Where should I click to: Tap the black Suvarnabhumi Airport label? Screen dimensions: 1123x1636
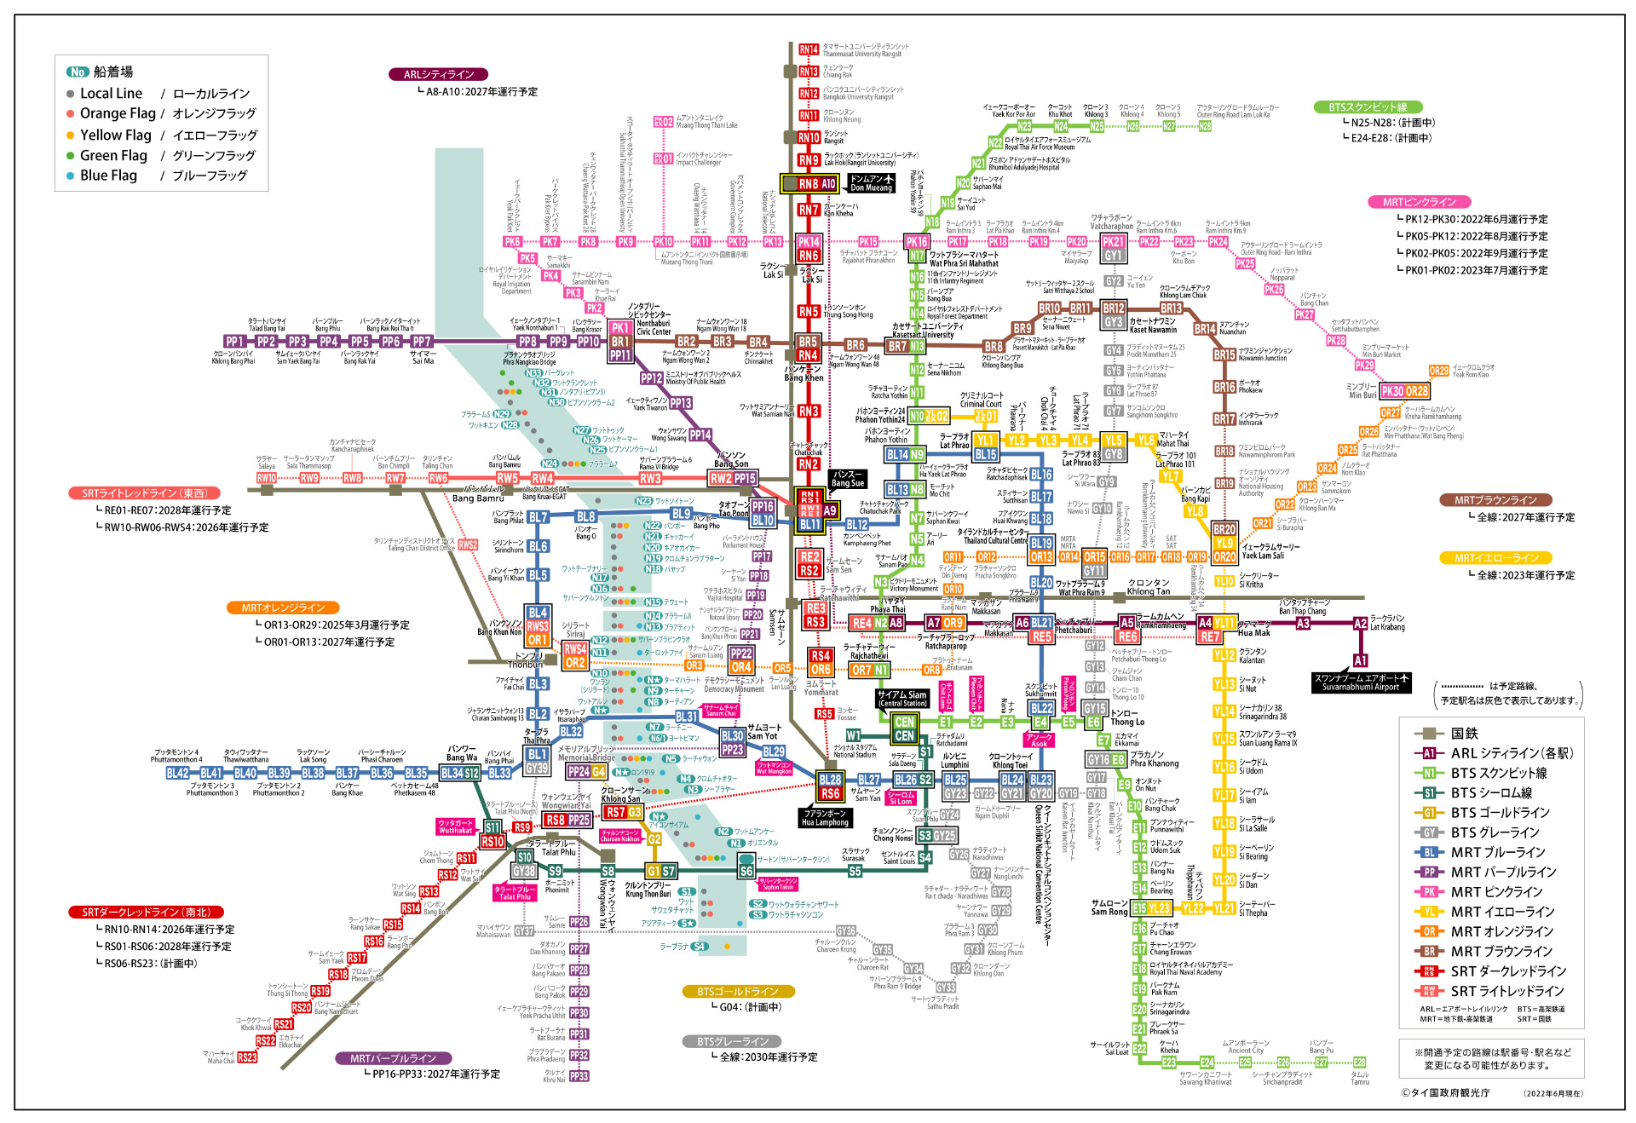(1361, 682)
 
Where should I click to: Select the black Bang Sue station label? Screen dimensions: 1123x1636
(847, 479)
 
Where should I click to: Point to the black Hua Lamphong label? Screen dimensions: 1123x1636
(825, 818)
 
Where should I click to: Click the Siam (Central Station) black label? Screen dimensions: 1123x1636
(902, 699)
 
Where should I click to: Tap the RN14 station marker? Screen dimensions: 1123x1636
(809, 49)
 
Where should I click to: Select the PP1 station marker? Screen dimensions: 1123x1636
(234, 342)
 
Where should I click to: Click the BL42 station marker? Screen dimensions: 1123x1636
(177, 773)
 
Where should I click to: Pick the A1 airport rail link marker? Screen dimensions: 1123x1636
(1360, 660)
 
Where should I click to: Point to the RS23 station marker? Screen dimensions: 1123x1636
(247, 1057)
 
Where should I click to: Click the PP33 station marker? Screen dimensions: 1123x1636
(579, 1076)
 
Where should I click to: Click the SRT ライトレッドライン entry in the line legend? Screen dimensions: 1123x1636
(1506, 991)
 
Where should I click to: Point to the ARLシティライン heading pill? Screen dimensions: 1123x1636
(439, 74)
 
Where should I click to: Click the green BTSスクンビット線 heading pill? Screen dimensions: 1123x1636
(1368, 107)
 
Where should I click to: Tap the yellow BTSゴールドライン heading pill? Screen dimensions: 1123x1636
(738, 992)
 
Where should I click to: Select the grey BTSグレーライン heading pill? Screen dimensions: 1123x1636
(738, 1041)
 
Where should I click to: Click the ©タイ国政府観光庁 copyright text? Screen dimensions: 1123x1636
(1445, 1092)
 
